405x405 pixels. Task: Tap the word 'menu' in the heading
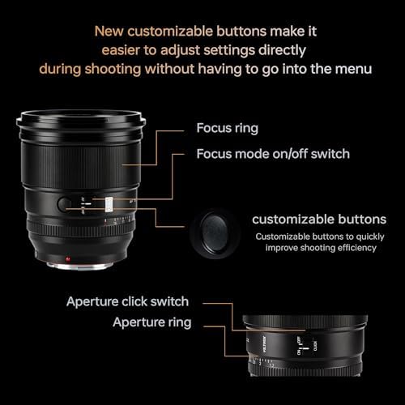(352, 70)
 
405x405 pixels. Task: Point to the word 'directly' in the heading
(284, 51)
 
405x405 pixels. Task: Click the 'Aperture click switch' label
(127, 301)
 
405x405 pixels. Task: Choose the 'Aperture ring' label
(152, 322)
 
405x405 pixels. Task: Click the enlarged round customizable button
(215, 231)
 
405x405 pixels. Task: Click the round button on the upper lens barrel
(67, 203)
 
